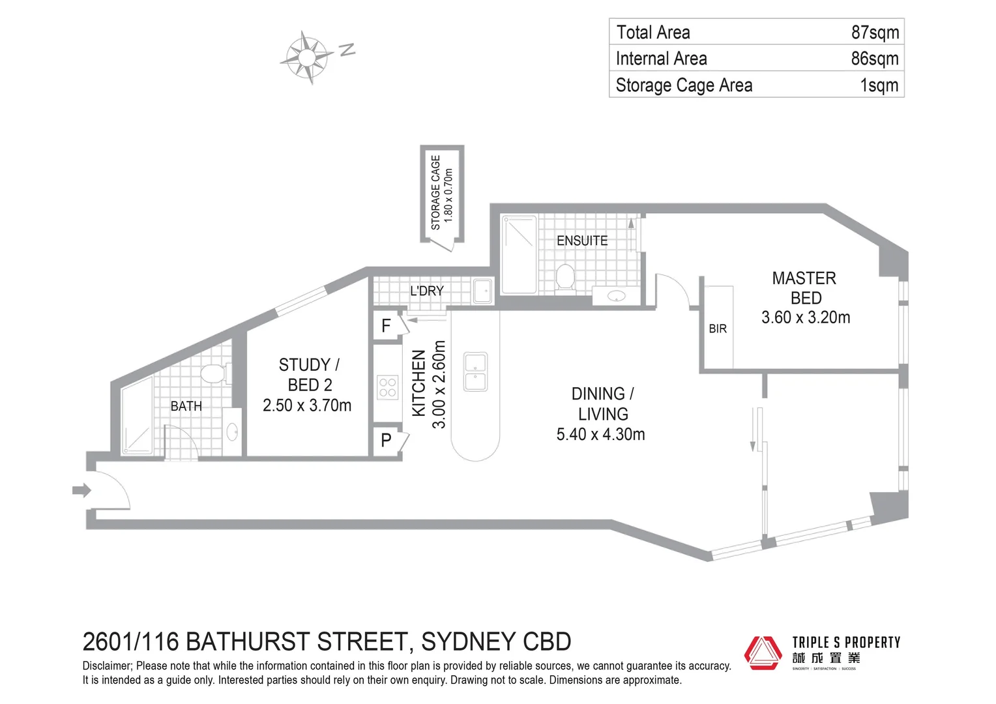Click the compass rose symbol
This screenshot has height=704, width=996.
[307, 57]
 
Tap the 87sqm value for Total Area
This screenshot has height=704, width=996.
[875, 32]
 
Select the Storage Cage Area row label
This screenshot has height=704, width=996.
[684, 85]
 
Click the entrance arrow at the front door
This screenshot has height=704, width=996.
[81, 490]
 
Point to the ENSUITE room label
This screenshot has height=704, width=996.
[582, 241]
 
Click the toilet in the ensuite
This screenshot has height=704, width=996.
[565, 276]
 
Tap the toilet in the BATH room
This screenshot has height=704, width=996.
[212, 374]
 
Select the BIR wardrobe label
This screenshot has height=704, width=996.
[718, 329]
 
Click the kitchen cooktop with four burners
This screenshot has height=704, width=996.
[388, 387]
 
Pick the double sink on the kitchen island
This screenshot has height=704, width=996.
[475, 372]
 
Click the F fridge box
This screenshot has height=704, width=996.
[386, 325]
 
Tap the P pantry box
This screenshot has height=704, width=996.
[386, 441]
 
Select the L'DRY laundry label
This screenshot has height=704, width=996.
[427, 291]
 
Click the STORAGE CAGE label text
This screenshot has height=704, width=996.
[435, 192]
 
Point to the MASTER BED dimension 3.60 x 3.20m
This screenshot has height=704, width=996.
[806, 317]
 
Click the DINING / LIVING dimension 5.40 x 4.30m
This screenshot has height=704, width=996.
[600, 434]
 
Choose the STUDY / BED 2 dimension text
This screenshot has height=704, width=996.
[307, 405]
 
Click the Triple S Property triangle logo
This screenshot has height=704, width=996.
[763, 653]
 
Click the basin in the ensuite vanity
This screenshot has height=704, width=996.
[616, 296]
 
